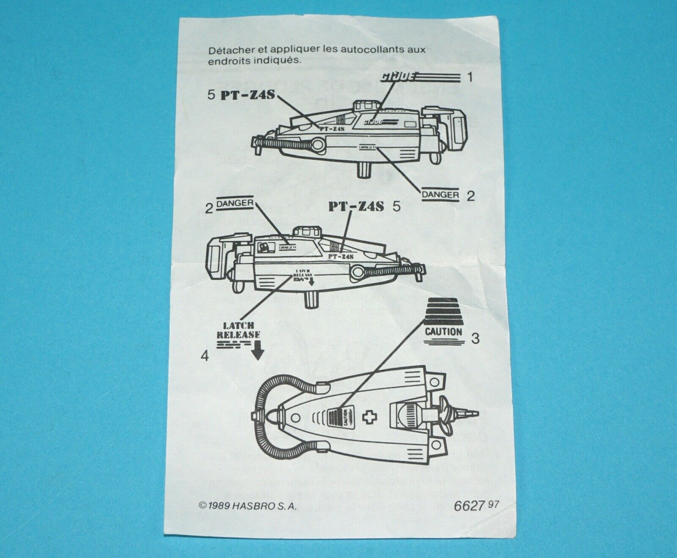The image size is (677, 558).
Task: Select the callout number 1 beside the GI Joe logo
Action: tap(468, 77)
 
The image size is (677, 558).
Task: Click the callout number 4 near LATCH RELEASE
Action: tap(205, 356)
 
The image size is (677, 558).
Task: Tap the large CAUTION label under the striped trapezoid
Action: tap(443, 331)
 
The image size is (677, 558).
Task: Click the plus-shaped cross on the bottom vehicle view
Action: tap(366, 418)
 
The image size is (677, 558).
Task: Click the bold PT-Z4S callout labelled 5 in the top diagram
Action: tap(248, 95)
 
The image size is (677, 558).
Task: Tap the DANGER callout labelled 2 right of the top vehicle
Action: tap(440, 194)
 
